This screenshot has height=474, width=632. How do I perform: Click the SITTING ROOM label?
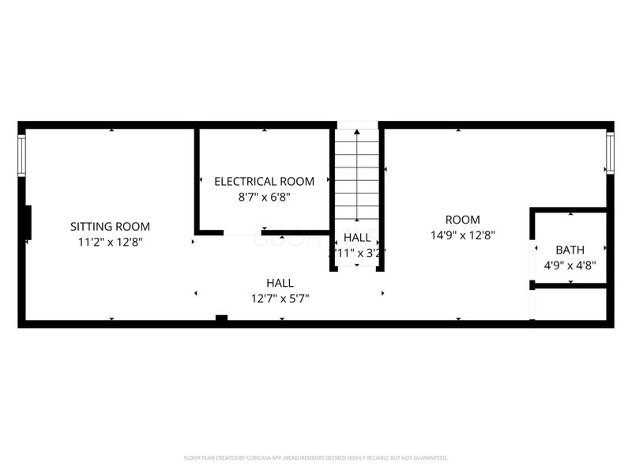click(x=110, y=227)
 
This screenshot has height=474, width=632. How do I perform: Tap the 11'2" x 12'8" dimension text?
click(x=110, y=243)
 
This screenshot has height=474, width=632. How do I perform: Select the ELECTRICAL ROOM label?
click(x=264, y=181)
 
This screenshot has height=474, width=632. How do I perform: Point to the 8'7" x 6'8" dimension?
click(x=264, y=197)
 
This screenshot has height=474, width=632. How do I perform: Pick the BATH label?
click(x=570, y=250)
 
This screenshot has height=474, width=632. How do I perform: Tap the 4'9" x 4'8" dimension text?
click(x=570, y=266)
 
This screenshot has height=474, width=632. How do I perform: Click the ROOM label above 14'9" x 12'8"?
click(x=462, y=220)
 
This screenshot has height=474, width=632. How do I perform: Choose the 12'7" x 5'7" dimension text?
click(x=280, y=299)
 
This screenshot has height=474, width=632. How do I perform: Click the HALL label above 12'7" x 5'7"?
click(x=280, y=283)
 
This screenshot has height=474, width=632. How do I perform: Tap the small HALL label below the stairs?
click(x=357, y=237)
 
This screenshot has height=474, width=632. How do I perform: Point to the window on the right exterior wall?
click(x=610, y=153)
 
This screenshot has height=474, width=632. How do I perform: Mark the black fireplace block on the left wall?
click(x=28, y=222)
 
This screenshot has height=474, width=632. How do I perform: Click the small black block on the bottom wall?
click(x=222, y=318)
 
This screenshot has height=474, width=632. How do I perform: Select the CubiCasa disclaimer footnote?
click(x=316, y=457)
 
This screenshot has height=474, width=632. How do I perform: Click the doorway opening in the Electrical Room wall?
click(x=242, y=233)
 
